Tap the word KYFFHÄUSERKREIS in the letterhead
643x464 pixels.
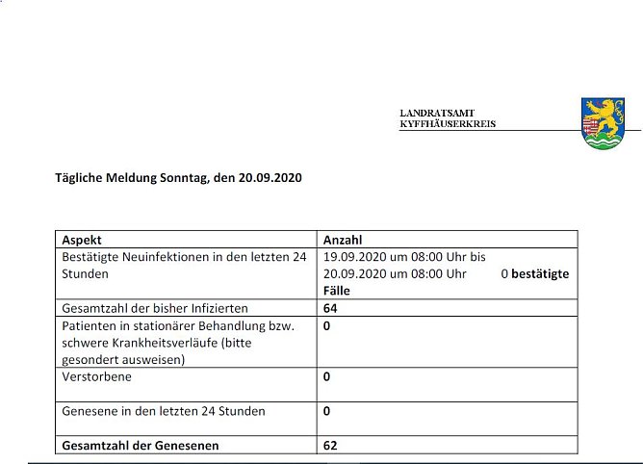click(x=448, y=124)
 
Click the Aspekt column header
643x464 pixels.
click(x=82, y=240)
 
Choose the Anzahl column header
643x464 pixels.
click(x=343, y=240)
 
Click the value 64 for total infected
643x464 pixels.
click(x=331, y=308)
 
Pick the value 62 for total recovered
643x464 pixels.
click(x=331, y=445)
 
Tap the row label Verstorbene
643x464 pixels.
click(x=97, y=376)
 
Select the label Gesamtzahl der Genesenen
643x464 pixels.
click(x=140, y=445)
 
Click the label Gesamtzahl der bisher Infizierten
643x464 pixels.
click(x=155, y=308)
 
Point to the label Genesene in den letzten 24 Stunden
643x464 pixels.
click(x=163, y=410)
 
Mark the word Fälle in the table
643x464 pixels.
click(x=338, y=290)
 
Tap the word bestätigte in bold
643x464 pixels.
click(x=539, y=273)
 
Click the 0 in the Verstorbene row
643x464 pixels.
click(x=327, y=376)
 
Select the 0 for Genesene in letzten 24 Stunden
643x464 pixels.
click(x=327, y=410)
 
